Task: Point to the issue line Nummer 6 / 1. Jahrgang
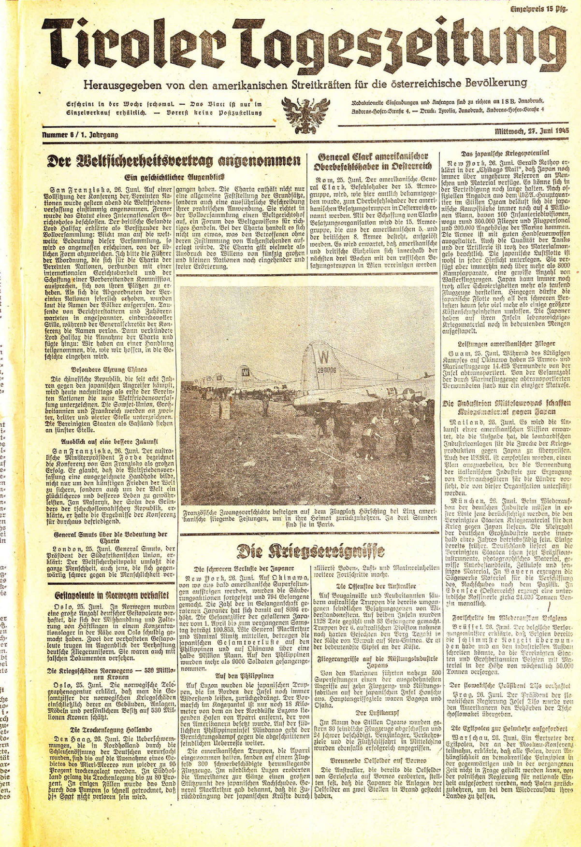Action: [x=80, y=135]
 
